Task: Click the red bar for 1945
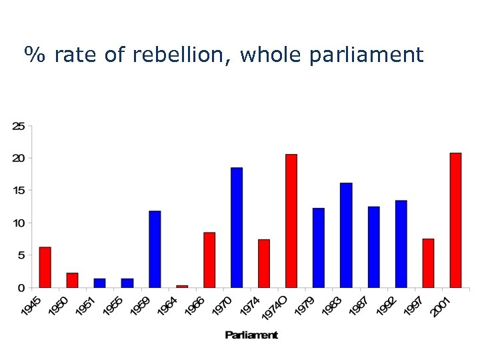pyautogui.click(x=45, y=267)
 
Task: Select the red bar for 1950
pyautogui.click(x=72, y=280)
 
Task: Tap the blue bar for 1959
pyautogui.click(x=155, y=249)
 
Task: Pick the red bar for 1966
pyautogui.click(x=209, y=260)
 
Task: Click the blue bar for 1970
pyautogui.click(x=237, y=227)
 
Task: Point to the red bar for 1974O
pyautogui.click(x=291, y=221)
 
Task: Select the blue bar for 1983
pyautogui.click(x=346, y=235)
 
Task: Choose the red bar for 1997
pyautogui.click(x=428, y=263)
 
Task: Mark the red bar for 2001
pyautogui.click(x=455, y=220)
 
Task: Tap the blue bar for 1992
pyautogui.click(x=401, y=244)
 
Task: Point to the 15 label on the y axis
pyautogui.click(x=19, y=191)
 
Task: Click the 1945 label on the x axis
pyautogui.click(x=31, y=307)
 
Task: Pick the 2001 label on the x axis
pyautogui.click(x=441, y=307)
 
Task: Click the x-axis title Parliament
pyautogui.click(x=251, y=335)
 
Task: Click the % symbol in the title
pyautogui.click(x=34, y=55)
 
